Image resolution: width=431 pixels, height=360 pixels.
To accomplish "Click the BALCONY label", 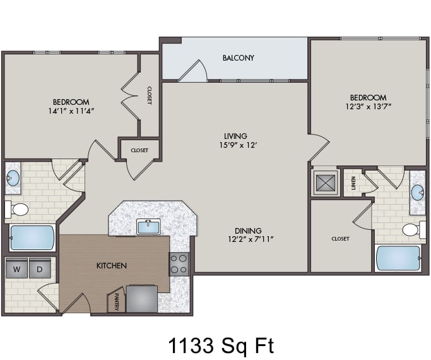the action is click(x=239, y=58).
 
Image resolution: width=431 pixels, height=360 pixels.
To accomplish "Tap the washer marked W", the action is click(x=17, y=268).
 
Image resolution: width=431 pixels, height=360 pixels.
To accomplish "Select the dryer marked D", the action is click(x=40, y=268).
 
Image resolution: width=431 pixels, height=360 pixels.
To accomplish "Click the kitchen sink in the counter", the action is click(x=148, y=227).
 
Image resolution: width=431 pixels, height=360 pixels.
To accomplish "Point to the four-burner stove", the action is click(x=179, y=264).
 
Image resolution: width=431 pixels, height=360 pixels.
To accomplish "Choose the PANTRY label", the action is click(x=117, y=302).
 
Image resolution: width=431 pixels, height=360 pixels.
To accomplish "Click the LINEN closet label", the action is click(x=353, y=183).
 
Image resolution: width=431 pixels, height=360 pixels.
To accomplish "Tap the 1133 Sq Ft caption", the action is click(x=221, y=345).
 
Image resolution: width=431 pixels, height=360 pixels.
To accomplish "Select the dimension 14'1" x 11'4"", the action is click(x=71, y=111).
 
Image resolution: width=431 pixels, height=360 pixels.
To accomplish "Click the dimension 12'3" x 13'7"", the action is click(x=369, y=107).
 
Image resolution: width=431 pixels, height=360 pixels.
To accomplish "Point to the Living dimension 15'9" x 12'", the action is click(x=238, y=145).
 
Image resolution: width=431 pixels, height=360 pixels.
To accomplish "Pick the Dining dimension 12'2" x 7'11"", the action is click(x=251, y=239).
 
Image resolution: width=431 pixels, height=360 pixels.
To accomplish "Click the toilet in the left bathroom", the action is click(x=16, y=210).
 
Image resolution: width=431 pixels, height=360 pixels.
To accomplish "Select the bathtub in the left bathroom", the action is click(x=32, y=238).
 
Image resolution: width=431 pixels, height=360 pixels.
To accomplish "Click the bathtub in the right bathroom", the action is click(x=398, y=258).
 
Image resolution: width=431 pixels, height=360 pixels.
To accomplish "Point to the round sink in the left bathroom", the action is click(x=13, y=177).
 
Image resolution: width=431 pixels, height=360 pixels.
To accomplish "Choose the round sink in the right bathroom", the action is click(x=418, y=192).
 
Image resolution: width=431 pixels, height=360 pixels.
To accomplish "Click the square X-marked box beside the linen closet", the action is click(x=326, y=183).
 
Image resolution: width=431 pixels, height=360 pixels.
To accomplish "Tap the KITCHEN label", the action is click(x=112, y=266).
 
